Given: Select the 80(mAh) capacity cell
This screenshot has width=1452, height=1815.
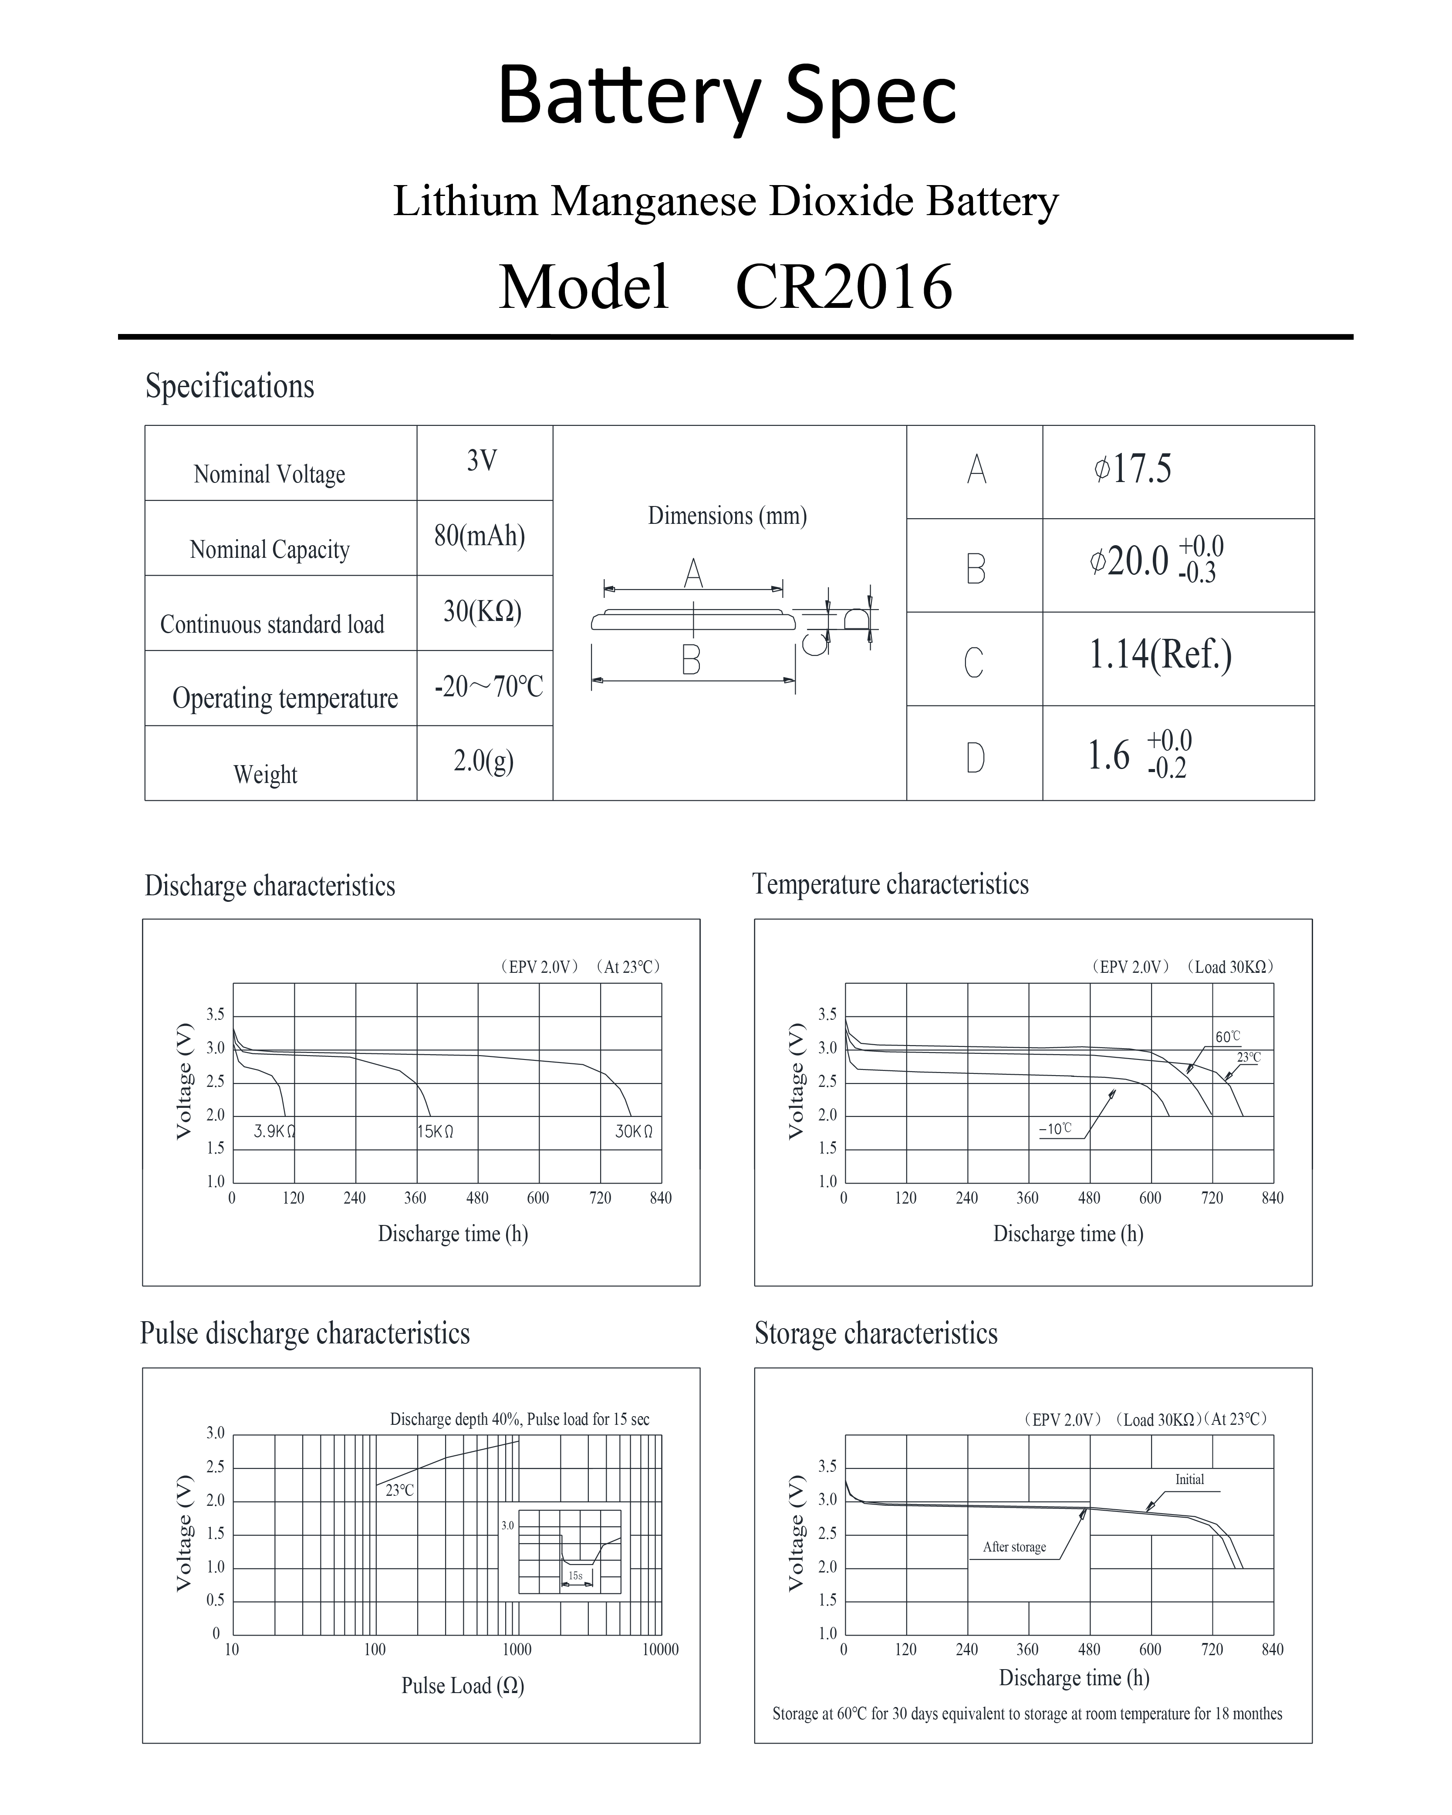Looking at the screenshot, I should (x=480, y=536).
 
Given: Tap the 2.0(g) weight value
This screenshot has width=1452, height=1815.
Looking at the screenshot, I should (x=483, y=761).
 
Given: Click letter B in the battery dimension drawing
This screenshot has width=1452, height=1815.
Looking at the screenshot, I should (x=691, y=661).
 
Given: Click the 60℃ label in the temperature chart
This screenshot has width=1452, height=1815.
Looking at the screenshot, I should (x=1227, y=1037).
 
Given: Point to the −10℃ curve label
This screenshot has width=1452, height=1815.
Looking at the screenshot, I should (x=1056, y=1129).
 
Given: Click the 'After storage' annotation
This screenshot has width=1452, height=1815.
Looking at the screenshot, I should (x=1014, y=1547).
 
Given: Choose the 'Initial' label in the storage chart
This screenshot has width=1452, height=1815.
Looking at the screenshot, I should (x=1189, y=1479).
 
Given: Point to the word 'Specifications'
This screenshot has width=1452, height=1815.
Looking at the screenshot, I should (x=230, y=386).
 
